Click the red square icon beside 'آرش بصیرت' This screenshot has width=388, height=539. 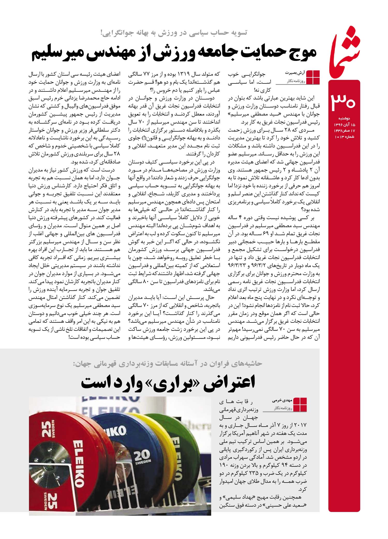coord(313,77)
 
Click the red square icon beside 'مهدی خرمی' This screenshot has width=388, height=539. coord(300,405)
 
